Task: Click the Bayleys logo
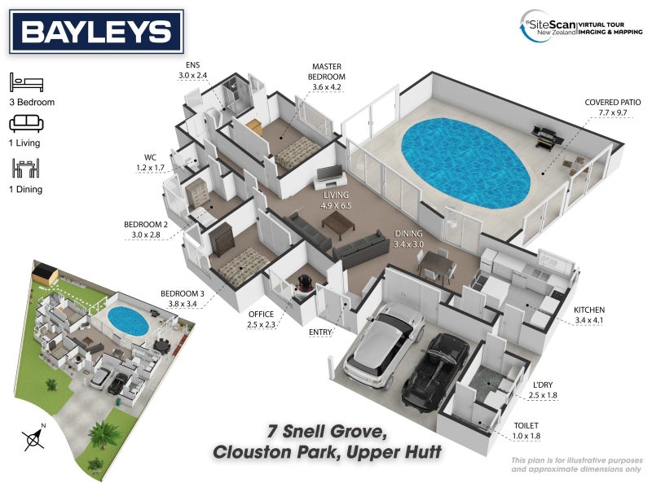tap(96, 32)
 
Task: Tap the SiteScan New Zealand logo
tap(581, 27)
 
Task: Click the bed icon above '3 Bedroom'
tap(27, 82)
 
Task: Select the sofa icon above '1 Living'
tap(26, 124)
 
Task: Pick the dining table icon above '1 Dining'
tap(26, 169)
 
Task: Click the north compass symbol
tap(34, 438)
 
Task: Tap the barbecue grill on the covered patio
tap(547, 135)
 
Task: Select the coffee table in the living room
tap(338, 225)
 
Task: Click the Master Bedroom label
tap(327, 72)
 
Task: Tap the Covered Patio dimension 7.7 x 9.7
tap(613, 112)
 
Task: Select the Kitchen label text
tap(589, 310)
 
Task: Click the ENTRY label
tap(320, 332)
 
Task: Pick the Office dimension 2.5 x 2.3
tap(261, 324)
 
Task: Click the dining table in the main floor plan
tap(436, 263)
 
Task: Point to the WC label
tap(150, 157)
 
